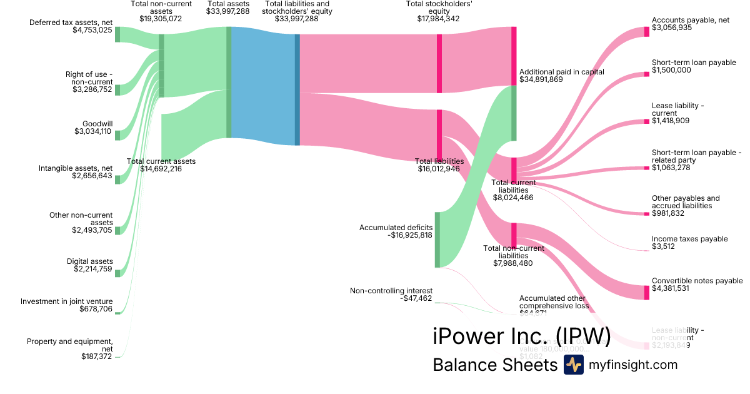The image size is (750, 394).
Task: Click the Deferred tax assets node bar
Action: pos(117,34)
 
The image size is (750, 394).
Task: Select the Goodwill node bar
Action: pos(117,136)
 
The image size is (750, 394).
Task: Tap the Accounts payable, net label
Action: pos(690,20)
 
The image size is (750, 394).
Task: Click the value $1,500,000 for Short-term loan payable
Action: pos(671,70)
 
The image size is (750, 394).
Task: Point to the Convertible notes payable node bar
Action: pos(647,292)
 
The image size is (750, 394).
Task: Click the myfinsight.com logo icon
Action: pos(573,365)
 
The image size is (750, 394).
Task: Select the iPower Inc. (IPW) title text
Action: pos(521,336)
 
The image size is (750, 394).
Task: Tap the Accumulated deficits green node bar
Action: pos(437,240)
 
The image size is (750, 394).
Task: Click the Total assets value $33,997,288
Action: pos(228,19)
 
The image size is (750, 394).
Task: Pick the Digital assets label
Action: pos(90,261)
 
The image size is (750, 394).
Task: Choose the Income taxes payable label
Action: pos(689,239)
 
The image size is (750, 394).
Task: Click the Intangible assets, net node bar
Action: pos(117,179)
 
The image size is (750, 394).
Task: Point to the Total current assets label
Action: pos(161,161)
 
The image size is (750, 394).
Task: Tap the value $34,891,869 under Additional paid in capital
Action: pos(541,79)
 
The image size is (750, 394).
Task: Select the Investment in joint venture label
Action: pos(67,301)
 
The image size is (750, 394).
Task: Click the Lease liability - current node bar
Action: pos(647,121)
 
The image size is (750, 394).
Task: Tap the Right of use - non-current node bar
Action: pos(117,90)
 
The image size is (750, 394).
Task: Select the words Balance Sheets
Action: pos(494,365)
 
